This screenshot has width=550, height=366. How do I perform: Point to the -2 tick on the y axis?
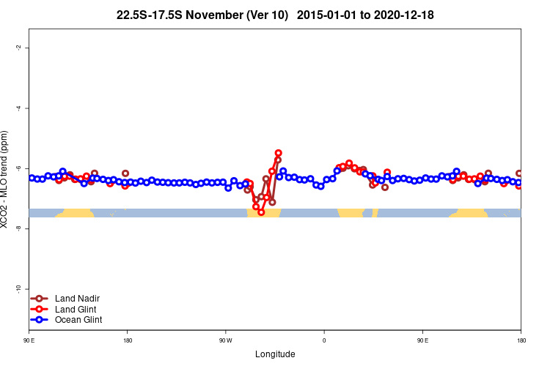[17, 48]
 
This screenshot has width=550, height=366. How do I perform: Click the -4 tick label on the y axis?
[17, 108]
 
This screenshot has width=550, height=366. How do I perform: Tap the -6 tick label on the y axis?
[17, 168]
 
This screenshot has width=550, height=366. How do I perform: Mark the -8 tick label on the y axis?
[17, 228]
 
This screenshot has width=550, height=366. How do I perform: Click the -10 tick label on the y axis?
[17, 289]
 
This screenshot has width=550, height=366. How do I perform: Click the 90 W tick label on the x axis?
[225, 340]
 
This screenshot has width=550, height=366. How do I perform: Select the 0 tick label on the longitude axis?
[324, 340]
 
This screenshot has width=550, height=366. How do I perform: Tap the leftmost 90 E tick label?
[29, 340]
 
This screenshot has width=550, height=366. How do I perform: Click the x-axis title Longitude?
[275, 354]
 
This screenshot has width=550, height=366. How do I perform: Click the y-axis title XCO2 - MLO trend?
[6, 179]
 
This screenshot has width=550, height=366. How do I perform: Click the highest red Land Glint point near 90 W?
[278, 153]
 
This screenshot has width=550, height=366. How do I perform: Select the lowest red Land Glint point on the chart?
[261, 212]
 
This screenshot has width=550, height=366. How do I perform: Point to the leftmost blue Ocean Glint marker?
[32, 178]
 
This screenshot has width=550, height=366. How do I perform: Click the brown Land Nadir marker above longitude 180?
[125, 173]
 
